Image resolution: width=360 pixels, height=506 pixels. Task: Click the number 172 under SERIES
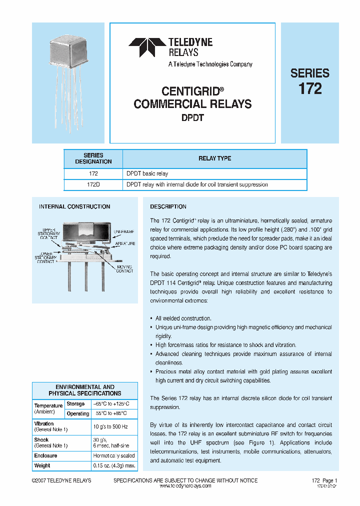[x=310, y=89]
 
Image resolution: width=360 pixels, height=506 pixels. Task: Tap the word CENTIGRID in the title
[x=190, y=91]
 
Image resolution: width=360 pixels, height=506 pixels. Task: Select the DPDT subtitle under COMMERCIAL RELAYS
[x=192, y=118]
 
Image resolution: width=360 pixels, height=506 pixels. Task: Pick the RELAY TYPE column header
[x=214, y=158]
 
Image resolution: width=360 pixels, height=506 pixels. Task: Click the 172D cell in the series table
[x=93, y=184]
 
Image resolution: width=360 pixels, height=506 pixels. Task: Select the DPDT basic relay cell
[x=147, y=173]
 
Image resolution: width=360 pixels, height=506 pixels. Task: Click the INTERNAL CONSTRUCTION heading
[x=74, y=206]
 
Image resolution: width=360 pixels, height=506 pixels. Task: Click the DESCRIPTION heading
[x=168, y=206]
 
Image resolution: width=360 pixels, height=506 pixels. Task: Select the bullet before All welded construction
[x=151, y=318]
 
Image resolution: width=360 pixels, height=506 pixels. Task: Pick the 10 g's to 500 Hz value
[x=110, y=426]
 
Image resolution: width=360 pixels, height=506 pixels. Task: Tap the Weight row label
[x=42, y=465]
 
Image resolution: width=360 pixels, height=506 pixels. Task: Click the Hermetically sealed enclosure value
[x=113, y=455]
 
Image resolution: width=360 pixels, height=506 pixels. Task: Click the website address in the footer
[x=184, y=486]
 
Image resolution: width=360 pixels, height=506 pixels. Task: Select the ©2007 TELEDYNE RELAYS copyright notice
[x=60, y=480]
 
